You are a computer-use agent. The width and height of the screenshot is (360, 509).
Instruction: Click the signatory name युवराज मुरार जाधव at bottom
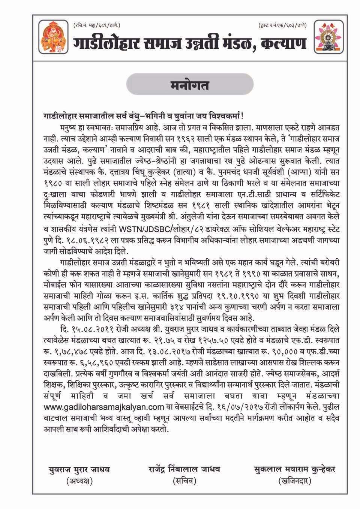click(x=79, y=469)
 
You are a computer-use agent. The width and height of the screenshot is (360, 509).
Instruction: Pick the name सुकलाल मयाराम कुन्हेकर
click(x=294, y=469)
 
